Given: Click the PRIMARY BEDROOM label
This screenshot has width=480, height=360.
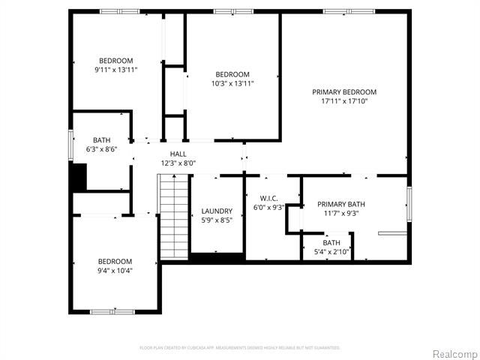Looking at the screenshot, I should click(x=344, y=92).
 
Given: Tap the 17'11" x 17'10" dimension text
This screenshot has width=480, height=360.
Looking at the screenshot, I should click(x=344, y=101).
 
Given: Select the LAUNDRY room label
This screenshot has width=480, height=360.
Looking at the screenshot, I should click(x=217, y=211).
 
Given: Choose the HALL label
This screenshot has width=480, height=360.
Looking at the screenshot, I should click(x=178, y=154).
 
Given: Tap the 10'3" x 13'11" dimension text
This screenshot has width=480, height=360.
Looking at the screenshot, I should click(x=232, y=83).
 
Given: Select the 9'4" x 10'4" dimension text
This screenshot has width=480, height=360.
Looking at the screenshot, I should click(x=115, y=270).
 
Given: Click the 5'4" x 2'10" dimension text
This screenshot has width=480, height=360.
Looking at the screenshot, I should click(x=331, y=251).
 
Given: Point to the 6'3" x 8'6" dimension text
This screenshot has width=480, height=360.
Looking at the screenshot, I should click(x=101, y=149).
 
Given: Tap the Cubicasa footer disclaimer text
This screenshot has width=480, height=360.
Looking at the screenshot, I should click(x=240, y=348).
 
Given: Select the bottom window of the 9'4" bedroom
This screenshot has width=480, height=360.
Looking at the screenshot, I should click(x=112, y=311).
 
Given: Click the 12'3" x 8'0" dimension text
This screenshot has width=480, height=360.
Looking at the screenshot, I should click(x=178, y=163).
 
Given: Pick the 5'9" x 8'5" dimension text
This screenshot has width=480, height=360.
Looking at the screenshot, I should click(x=217, y=220).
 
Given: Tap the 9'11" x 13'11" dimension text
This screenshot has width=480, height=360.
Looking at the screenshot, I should click(x=115, y=70).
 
